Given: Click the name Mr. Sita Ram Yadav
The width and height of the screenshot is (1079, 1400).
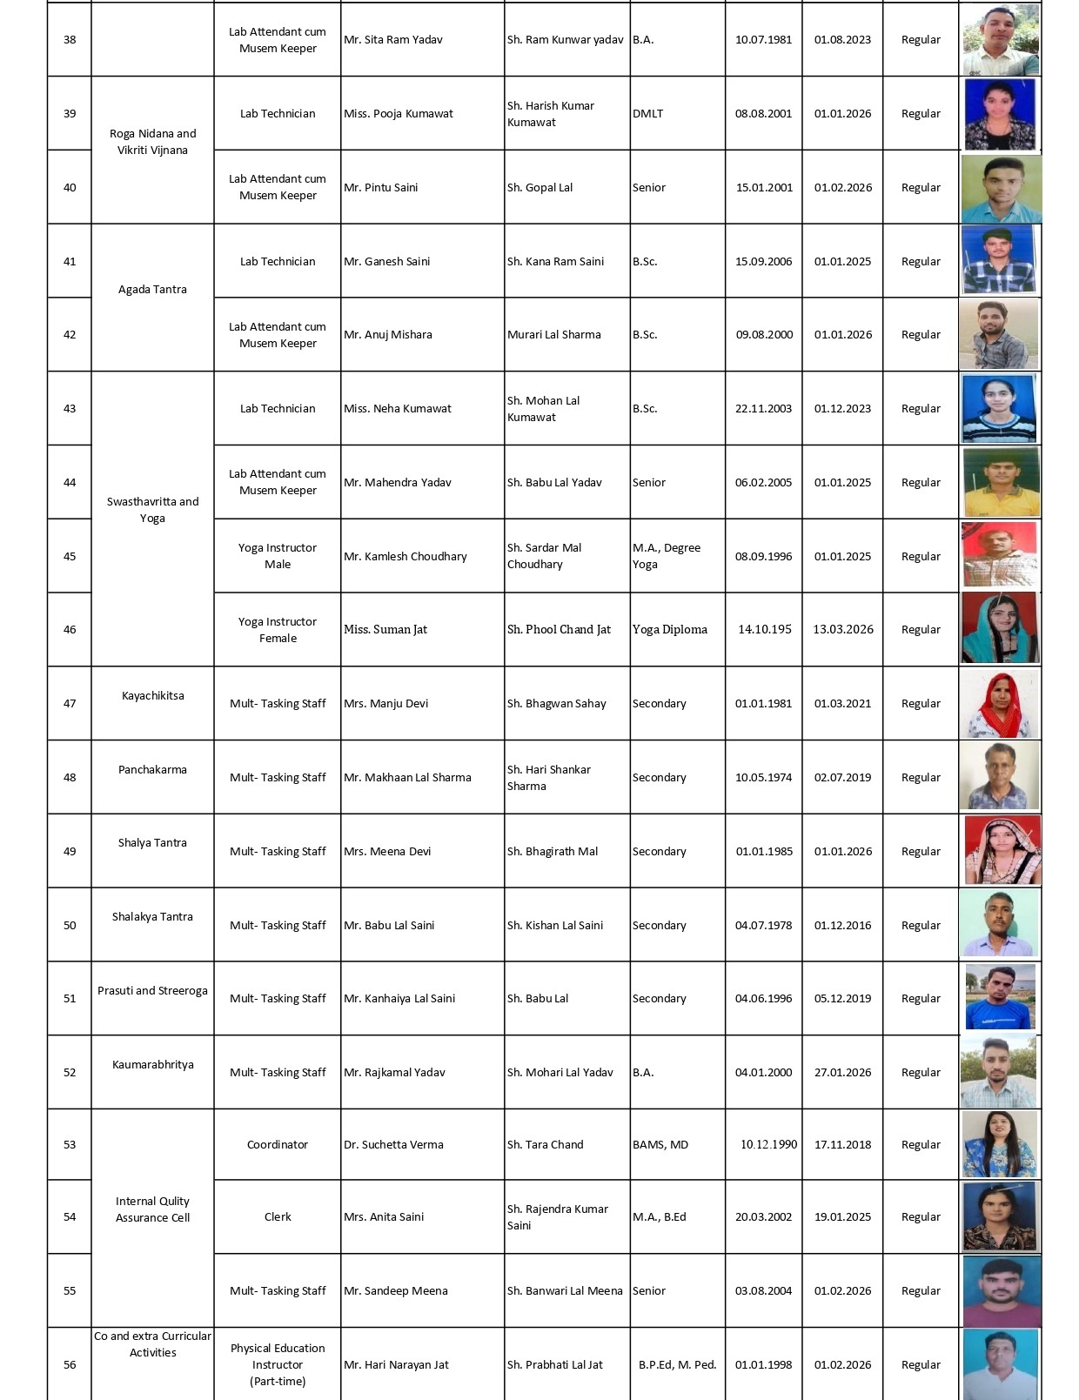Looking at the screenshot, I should click(x=393, y=40).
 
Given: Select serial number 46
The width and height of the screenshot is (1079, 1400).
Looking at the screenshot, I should click(x=70, y=629).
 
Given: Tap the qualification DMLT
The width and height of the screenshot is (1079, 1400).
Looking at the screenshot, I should click(x=648, y=114).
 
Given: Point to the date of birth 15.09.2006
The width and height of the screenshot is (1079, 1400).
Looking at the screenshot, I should click(x=763, y=261).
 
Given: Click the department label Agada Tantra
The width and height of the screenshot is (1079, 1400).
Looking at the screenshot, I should click(x=152, y=290).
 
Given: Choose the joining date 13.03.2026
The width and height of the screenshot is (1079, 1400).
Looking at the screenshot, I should click(x=842, y=629).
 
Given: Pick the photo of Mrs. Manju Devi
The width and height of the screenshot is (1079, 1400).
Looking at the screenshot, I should click(x=1000, y=704).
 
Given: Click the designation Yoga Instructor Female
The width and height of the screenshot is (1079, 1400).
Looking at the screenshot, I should click(x=278, y=630).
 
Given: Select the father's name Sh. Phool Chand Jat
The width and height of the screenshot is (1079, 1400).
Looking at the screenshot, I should click(x=559, y=629).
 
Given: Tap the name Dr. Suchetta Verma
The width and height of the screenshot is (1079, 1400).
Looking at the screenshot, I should click(x=393, y=1145).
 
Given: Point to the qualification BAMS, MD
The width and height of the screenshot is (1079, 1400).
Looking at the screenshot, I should click(x=660, y=1145).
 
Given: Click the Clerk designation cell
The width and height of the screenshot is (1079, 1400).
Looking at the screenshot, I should click(x=278, y=1217).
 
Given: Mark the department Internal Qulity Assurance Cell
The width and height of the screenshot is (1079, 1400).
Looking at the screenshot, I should click(x=152, y=1209).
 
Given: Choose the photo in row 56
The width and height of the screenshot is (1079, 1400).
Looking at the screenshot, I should click(x=1000, y=1363).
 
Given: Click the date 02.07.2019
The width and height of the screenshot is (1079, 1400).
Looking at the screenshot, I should click(x=842, y=778).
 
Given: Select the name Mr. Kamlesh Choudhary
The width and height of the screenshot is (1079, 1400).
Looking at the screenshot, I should click(x=405, y=557).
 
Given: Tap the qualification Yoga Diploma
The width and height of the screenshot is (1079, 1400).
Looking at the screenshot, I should click(x=670, y=629).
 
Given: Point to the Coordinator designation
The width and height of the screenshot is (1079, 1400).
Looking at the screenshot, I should click(x=278, y=1145).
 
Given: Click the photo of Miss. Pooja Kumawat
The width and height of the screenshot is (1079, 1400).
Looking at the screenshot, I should click(x=1000, y=114).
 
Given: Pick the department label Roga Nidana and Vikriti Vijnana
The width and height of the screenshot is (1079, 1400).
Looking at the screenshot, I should click(x=152, y=142).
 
